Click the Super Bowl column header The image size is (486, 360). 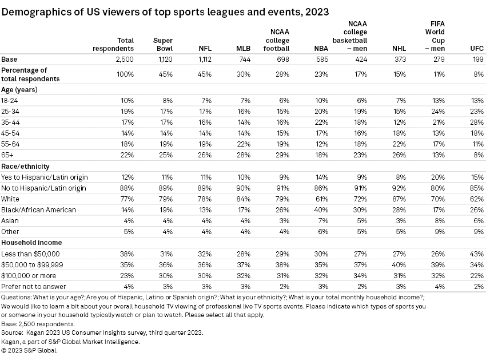[x=164, y=44]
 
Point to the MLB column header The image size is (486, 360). [x=243, y=48]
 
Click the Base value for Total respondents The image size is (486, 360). [x=124, y=59]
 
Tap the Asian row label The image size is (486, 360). [x=11, y=220]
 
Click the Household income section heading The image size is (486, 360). [x=30, y=242]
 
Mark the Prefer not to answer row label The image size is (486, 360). [x=34, y=286]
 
